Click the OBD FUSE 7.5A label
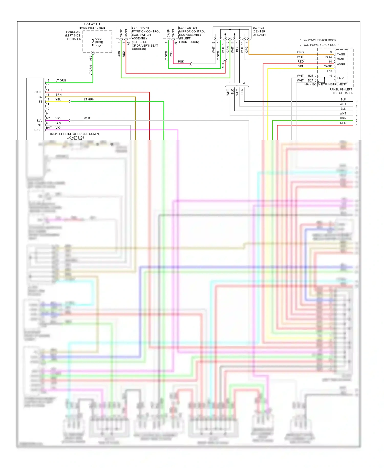tap(99, 42)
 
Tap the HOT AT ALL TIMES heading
tap(92, 26)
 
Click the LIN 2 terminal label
tap(340, 78)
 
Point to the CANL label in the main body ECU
tap(340, 59)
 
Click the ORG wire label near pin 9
tap(300, 52)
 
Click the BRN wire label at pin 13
tap(58, 95)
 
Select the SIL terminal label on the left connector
tap(40, 125)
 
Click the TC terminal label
tap(40, 97)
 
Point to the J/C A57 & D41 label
tap(76, 137)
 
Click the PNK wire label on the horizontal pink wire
tap(181, 62)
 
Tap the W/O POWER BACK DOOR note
tap(321, 45)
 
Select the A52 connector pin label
tap(91, 58)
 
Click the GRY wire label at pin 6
tap(58, 123)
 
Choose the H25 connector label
tap(310, 76)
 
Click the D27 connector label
tap(310, 80)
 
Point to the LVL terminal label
tap(39, 121)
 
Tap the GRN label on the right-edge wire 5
tap(343, 118)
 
